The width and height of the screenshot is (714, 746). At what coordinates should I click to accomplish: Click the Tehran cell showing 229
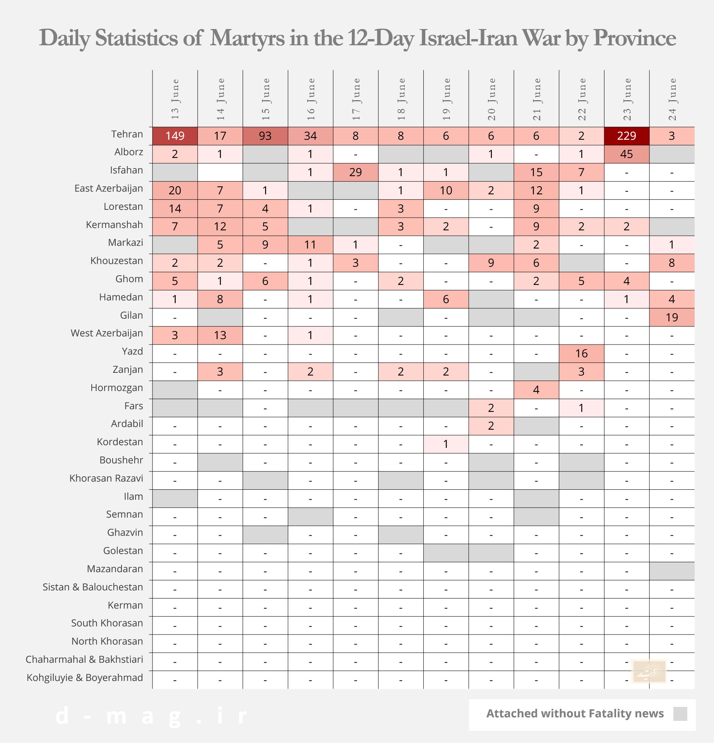[627, 136]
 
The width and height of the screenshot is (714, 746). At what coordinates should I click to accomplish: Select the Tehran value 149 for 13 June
[175, 136]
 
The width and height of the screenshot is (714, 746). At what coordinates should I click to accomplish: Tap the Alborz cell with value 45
[627, 154]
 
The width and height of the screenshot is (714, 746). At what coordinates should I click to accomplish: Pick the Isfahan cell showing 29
[355, 172]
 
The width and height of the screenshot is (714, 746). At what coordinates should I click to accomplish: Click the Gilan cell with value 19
[672, 317]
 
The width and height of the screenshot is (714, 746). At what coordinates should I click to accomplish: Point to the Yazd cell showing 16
[581, 353]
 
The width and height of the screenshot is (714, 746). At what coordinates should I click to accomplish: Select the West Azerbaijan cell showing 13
[220, 335]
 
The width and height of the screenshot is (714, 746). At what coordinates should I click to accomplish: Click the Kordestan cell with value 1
[446, 444]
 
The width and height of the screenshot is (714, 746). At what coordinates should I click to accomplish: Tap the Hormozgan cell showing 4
[536, 390]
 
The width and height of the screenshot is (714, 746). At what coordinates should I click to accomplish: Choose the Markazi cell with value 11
[310, 245]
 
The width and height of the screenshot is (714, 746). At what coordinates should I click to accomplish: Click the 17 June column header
[356, 99]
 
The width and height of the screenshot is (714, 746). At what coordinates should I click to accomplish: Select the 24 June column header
[672, 99]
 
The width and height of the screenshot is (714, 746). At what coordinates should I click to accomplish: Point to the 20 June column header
[491, 99]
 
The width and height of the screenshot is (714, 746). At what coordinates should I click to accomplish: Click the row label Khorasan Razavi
[106, 478]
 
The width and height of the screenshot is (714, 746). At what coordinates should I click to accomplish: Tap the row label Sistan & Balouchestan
[93, 587]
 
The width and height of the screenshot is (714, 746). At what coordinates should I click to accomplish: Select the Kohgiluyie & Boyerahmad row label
[85, 678]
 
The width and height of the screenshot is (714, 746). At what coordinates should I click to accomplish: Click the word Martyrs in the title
[247, 38]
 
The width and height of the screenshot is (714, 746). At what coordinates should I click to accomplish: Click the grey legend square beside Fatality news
[680, 714]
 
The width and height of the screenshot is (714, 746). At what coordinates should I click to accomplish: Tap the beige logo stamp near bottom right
[649, 671]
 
